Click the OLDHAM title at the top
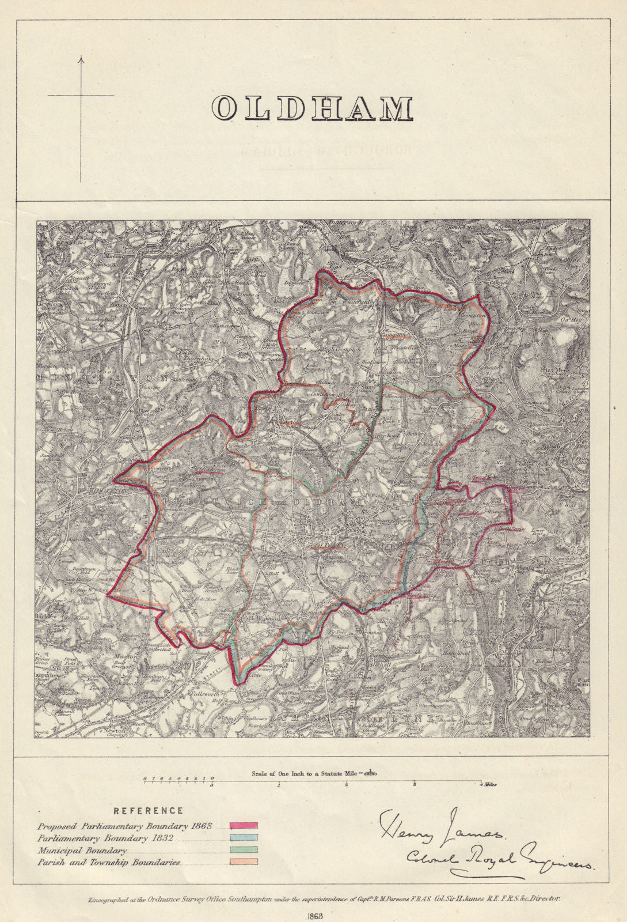tap(313, 108)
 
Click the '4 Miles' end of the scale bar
tap(487, 784)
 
